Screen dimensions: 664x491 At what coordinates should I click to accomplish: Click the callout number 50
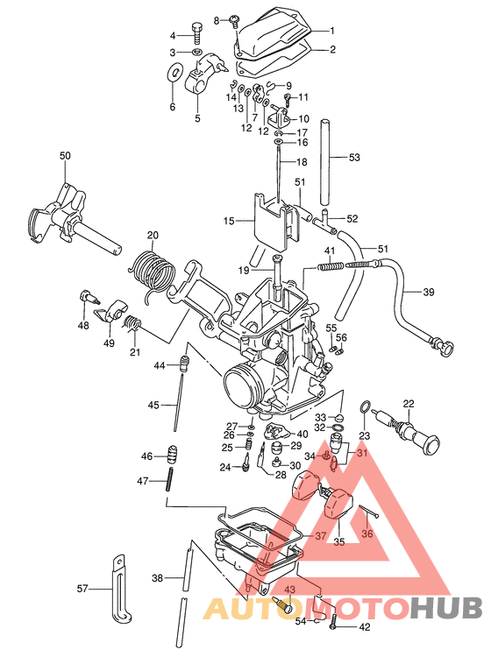65,156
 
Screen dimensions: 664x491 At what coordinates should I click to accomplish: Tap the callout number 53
354,158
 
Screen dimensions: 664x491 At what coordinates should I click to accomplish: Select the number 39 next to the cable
429,292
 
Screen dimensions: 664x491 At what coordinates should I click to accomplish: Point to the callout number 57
82,589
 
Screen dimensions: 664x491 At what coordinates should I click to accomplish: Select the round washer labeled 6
174,72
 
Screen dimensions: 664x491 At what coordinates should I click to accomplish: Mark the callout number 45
154,405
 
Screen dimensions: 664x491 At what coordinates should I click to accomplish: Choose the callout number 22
408,403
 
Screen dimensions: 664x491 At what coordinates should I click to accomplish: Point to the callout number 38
157,578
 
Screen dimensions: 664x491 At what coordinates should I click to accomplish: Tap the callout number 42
364,626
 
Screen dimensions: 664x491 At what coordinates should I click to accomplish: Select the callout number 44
160,364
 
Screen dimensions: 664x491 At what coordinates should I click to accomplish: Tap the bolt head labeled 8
235,19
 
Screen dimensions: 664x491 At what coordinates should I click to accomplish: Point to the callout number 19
244,270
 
